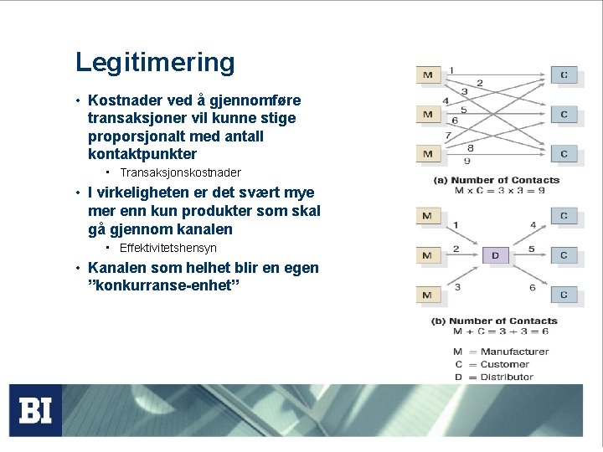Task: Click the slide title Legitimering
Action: [155, 63]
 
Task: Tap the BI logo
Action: [36, 410]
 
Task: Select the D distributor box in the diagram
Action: [495, 254]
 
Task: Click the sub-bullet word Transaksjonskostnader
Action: [180, 172]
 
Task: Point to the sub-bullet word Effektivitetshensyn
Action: [167, 248]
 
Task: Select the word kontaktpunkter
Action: [142, 154]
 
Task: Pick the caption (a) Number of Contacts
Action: [496, 180]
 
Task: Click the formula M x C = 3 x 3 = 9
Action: [500, 190]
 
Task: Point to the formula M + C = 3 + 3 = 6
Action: [502, 331]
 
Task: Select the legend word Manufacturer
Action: [514, 352]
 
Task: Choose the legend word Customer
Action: [504, 364]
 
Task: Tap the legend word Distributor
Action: [507, 377]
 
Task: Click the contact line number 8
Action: [471, 147]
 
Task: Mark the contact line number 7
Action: [448, 136]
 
